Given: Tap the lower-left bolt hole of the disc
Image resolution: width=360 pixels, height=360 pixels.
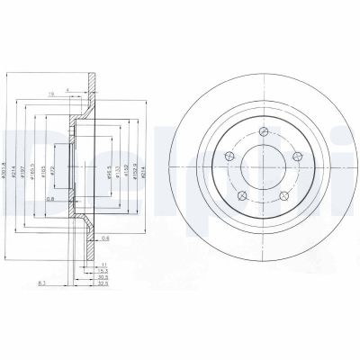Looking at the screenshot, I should click(x=241, y=197).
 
